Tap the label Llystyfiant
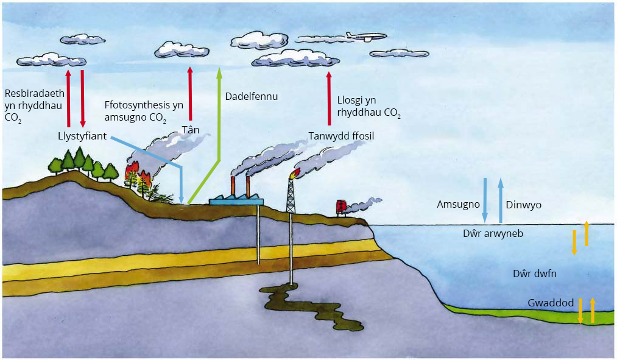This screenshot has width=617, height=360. (82, 136)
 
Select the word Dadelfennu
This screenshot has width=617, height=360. (252, 96)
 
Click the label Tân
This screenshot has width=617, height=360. (191, 130)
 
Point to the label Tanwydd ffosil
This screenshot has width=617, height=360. (341, 136)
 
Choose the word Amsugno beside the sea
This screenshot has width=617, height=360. (459, 205)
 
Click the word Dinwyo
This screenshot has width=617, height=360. (523, 205)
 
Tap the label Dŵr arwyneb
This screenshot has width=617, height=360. (493, 233)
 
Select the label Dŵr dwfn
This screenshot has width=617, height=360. (535, 274)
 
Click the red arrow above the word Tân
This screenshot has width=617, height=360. (191, 94)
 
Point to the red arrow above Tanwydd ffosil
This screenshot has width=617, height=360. (330, 99)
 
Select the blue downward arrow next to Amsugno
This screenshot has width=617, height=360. (485, 200)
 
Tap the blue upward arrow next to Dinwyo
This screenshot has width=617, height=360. (501, 200)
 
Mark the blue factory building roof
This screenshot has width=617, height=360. (236, 200)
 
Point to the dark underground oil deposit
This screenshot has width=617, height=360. (311, 306)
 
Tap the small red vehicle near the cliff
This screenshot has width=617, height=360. (340, 207)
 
